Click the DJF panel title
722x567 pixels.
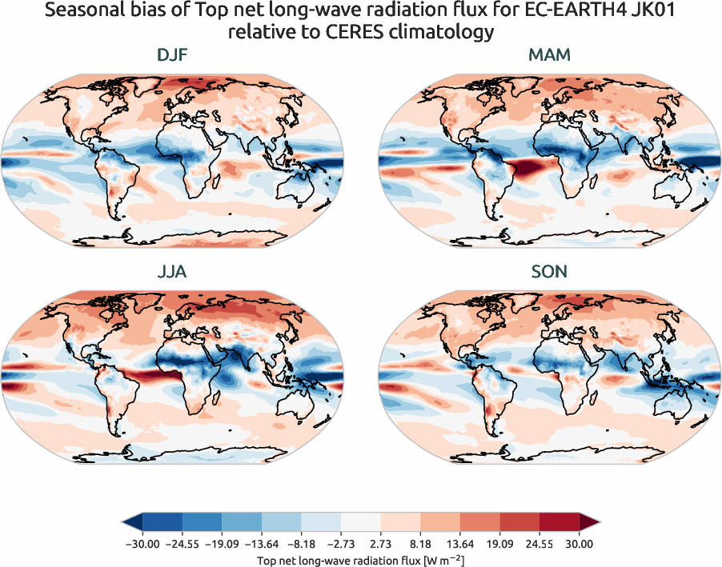(174, 55)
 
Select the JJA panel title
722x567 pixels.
(174, 272)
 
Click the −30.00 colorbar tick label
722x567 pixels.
(142, 544)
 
